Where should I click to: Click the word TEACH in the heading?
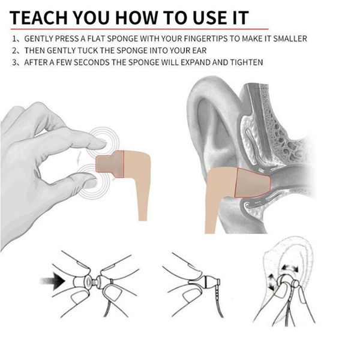[x=38, y=17]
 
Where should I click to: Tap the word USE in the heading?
[x=211, y=17]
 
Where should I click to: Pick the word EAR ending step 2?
[x=200, y=50]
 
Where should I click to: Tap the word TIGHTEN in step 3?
[x=247, y=62]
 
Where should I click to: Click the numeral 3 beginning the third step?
[x=14, y=62]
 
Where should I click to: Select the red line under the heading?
[x=139, y=29]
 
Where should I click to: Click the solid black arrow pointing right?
[x=53, y=281]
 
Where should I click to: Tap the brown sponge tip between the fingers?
[x=110, y=164]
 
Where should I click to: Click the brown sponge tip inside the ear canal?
[x=252, y=182]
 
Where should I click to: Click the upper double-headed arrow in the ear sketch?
[x=290, y=268]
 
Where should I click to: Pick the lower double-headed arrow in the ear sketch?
[x=272, y=282]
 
